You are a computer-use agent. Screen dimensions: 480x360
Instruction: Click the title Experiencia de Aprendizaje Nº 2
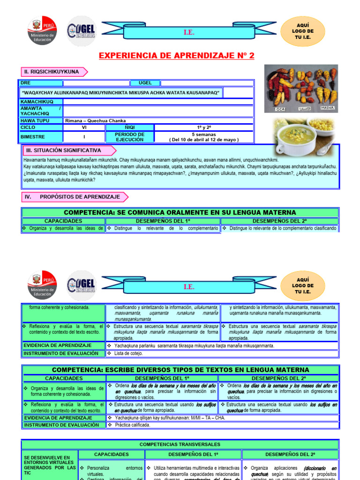point(176,56)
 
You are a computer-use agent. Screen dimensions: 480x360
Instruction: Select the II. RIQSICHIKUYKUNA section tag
point(52,72)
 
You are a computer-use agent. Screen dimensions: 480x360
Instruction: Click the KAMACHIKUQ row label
point(37,102)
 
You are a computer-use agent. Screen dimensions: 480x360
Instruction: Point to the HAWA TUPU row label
point(36,120)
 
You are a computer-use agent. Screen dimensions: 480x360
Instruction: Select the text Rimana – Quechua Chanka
point(96,120)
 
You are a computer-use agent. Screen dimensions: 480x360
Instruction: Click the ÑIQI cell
point(129,127)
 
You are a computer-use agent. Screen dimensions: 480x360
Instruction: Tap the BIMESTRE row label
point(33,137)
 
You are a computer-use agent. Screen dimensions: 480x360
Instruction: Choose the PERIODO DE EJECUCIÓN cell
point(129,137)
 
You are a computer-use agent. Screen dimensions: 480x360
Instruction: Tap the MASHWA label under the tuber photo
point(328,108)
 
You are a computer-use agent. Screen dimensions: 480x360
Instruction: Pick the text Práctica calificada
point(133,425)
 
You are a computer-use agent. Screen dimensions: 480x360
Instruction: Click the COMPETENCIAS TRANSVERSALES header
point(180,444)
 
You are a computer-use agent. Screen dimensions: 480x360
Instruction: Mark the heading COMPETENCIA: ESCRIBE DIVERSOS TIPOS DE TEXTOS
point(180,370)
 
